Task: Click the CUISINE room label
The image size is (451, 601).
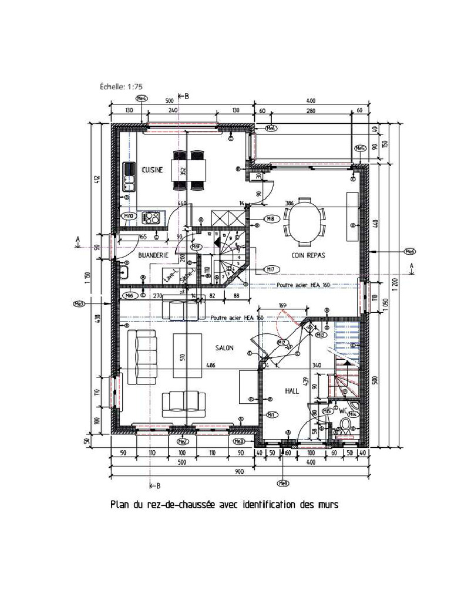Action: point(152,170)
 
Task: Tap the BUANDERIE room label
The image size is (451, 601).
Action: point(153,256)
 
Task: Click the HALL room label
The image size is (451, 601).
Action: point(292,390)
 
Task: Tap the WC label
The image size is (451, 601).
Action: point(343,411)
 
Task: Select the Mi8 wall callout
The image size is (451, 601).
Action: point(271,218)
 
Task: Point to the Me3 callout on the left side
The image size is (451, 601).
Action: point(79,304)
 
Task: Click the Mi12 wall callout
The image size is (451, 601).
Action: point(282,342)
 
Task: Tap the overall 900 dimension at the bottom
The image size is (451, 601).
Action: point(239,471)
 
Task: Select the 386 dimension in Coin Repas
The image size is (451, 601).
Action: point(290,202)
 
